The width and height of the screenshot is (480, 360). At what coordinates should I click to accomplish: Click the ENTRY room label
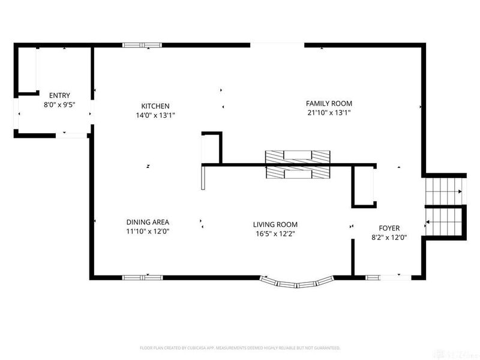pos(59,95)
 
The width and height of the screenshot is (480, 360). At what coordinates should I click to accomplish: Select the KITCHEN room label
pos(155,106)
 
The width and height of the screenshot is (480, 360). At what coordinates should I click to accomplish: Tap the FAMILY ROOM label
pos(329,103)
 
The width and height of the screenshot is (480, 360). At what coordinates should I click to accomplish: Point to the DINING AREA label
pos(148,221)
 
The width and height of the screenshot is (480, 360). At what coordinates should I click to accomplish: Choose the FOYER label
pos(389,228)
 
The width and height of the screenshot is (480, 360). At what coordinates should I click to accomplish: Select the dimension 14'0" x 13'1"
pos(155,115)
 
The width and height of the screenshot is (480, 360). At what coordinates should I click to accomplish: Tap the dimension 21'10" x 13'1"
pos(329,112)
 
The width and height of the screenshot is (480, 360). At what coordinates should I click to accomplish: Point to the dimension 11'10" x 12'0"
pos(148,231)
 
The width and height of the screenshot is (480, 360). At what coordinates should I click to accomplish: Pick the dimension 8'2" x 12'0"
pos(389,237)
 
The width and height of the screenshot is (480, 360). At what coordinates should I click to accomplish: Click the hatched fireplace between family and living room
pos(298,164)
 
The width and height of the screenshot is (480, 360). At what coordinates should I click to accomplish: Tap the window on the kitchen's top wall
pos(142,44)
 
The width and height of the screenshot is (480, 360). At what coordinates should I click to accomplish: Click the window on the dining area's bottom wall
pos(142,277)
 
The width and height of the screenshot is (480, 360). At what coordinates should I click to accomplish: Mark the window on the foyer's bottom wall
pos(389,277)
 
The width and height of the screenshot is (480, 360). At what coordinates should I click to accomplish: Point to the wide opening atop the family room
pos(278,44)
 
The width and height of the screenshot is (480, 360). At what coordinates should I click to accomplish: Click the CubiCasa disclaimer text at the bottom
pos(240,348)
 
